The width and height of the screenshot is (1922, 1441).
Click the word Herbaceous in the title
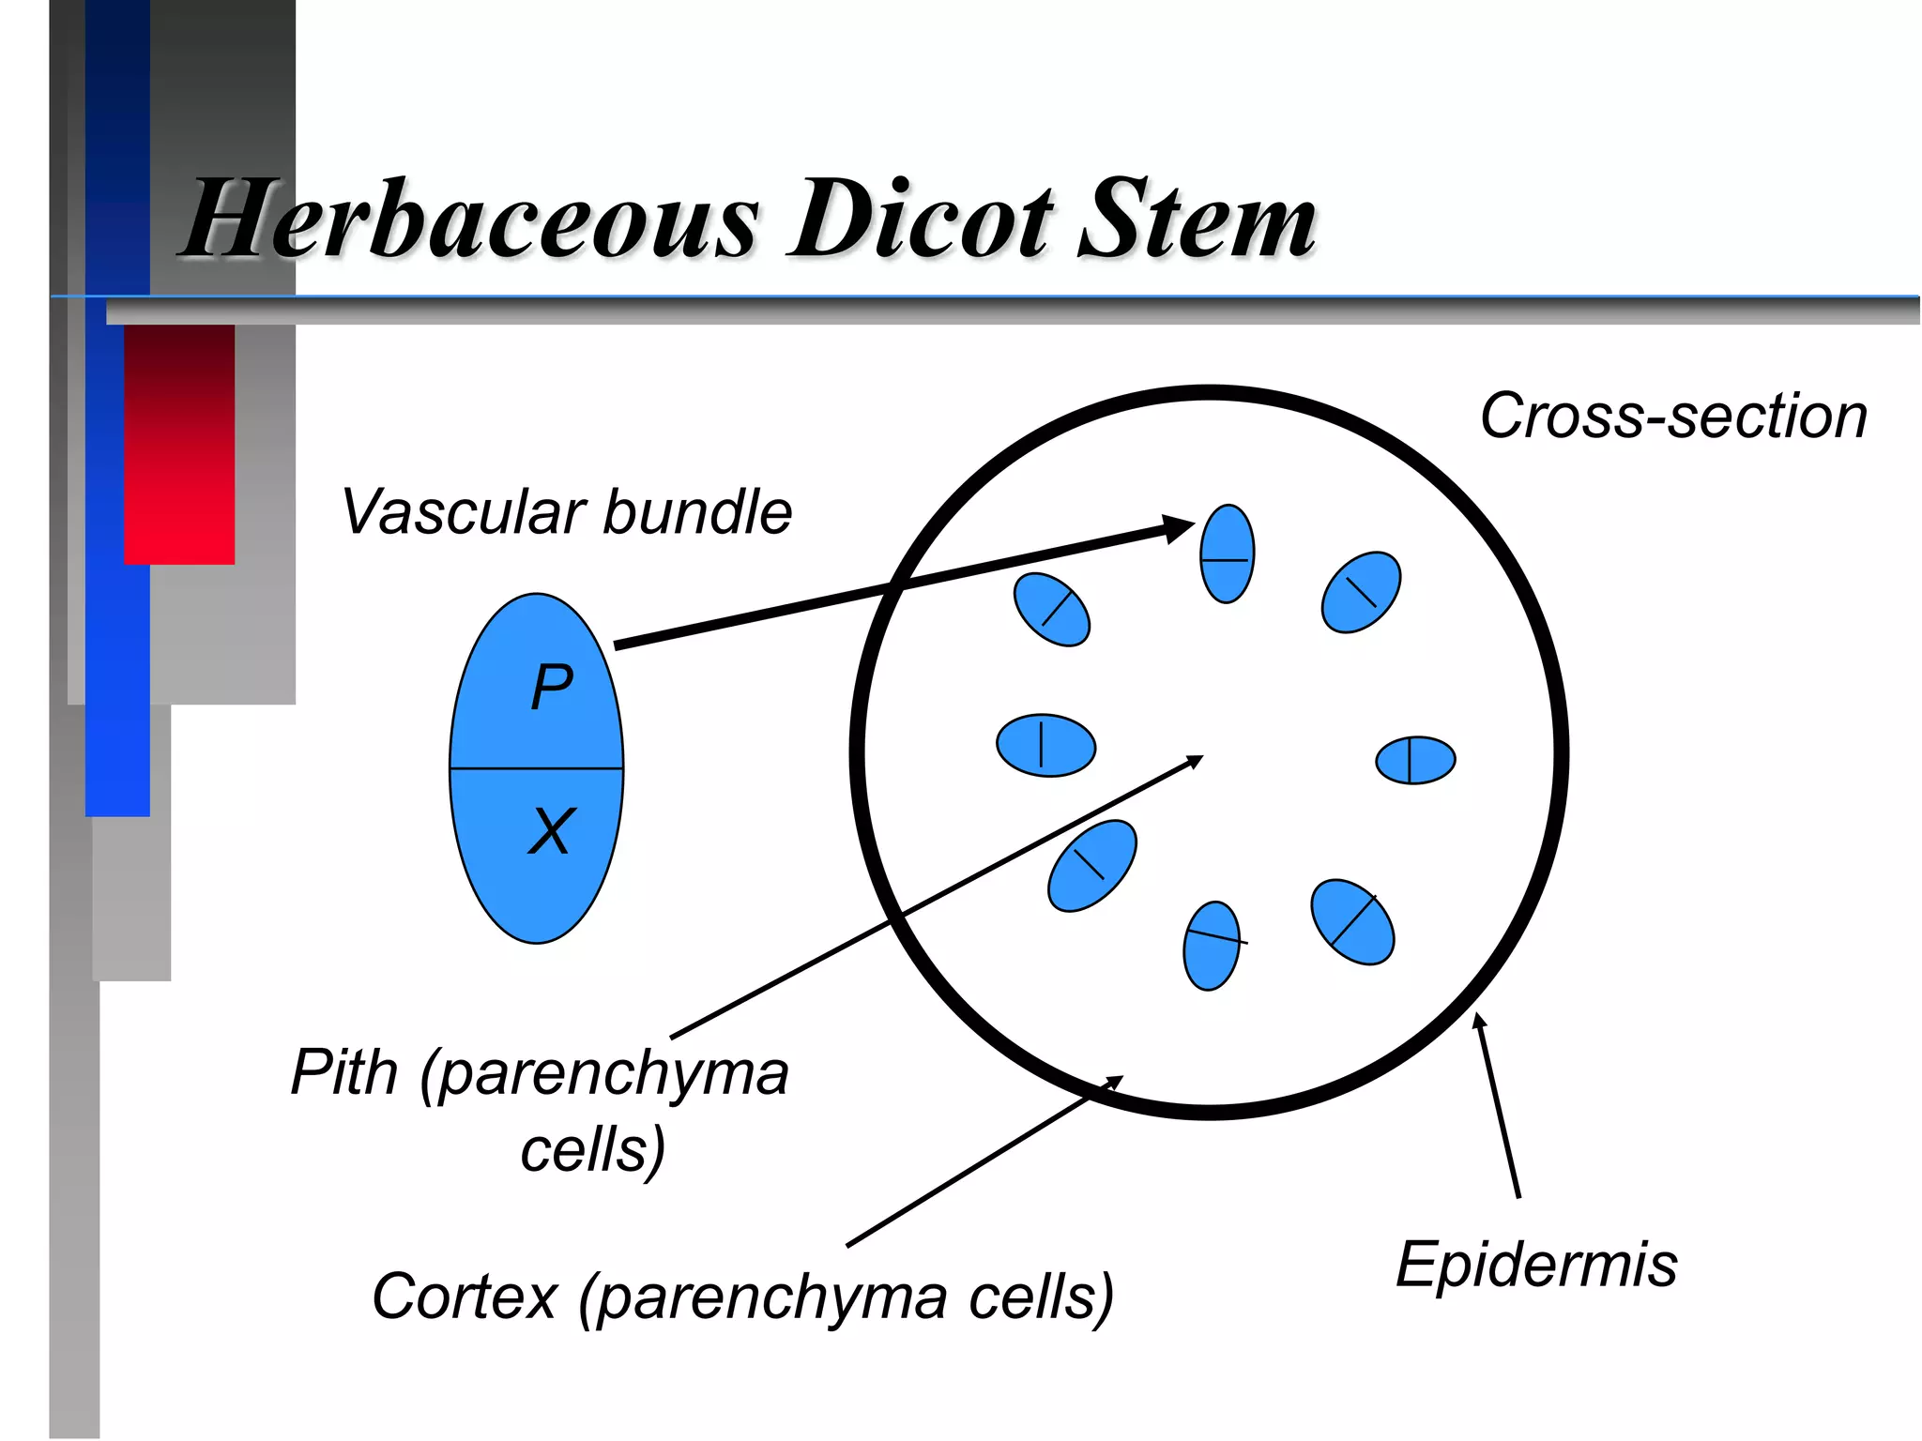tap(469, 220)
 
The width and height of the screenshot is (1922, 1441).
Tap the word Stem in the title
tap(1197, 220)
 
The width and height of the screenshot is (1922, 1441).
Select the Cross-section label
tap(1673, 417)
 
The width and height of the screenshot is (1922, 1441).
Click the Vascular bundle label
tap(567, 512)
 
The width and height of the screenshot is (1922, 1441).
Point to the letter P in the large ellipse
tap(551, 687)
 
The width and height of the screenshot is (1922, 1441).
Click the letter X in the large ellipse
tap(550, 831)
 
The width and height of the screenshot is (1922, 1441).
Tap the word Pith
tap(343, 1072)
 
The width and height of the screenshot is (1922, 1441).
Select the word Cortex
tap(465, 1297)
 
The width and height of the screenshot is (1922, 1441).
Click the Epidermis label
tap(1536, 1265)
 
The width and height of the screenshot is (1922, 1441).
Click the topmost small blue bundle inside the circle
tap(1227, 554)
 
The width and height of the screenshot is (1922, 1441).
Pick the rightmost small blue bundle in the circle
tap(1415, 760)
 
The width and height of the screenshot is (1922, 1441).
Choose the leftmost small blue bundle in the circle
tap(1045, 746)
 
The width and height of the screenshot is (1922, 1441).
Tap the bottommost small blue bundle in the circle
tap(1212, 946)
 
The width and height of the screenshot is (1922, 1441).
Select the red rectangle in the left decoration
tap(179, 444)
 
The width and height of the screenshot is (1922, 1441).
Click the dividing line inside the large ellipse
tap(536, 768)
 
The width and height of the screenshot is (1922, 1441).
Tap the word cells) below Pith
tap(593, 1150)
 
